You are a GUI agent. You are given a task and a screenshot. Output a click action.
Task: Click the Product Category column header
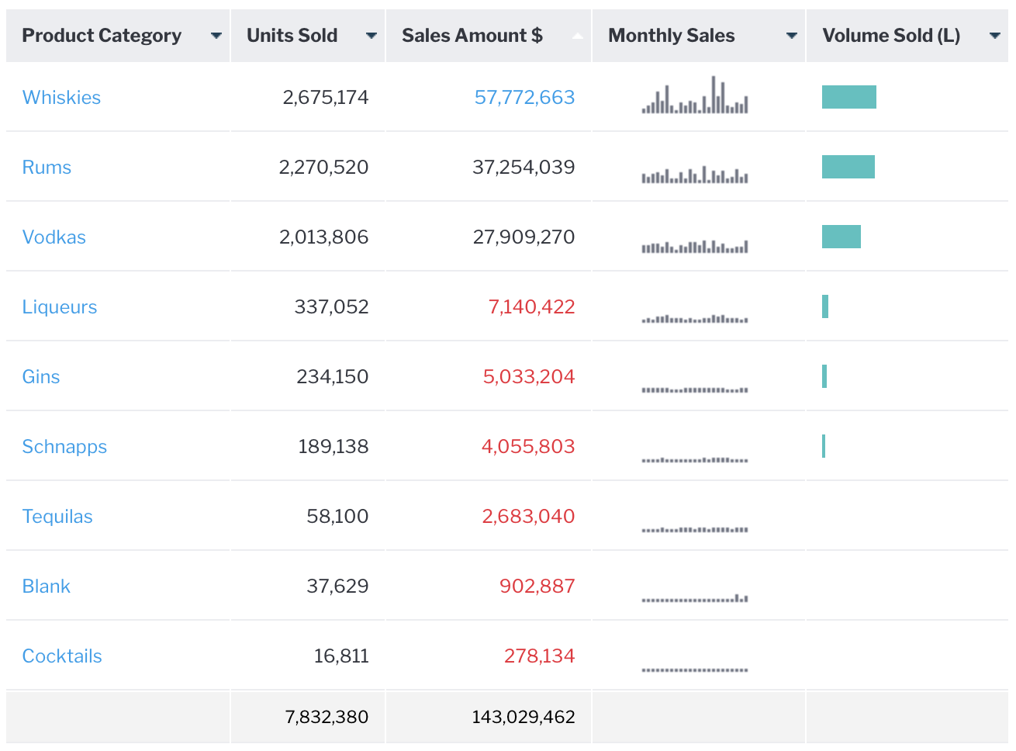(x=102, y=36)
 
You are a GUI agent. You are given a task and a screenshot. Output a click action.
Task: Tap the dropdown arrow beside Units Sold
(x=371, y=36)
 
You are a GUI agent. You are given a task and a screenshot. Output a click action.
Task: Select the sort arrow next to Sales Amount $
(x=577, y=36)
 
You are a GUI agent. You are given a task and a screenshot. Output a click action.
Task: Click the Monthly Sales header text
(x=671, y=36)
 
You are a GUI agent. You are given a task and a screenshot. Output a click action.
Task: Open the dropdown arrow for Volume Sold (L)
(x=995, y=36)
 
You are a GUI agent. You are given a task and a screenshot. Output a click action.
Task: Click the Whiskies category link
(x=61, y=98)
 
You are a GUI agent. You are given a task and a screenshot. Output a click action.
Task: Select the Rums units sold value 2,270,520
(x=323, y=168)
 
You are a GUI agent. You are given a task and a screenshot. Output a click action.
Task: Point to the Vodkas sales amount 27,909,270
(x=524, y=237)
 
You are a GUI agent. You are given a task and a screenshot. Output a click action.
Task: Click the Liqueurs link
(x=60, y=307)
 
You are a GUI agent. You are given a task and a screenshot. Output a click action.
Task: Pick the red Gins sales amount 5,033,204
(x=528, y=377)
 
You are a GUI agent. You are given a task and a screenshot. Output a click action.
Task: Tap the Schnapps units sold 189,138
(x=333, y=447)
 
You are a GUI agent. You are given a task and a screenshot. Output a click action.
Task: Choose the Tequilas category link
(x=57, y=517)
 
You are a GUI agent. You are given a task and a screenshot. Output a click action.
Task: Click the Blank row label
(x=47, y=587)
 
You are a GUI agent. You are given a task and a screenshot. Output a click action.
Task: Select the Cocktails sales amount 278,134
(x=539, y=656)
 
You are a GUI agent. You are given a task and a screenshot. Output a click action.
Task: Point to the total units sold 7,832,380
(x=327, y=717)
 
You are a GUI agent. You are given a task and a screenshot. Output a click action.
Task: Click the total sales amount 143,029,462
(x=524, y=717)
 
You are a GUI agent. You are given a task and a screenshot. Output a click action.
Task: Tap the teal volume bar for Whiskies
(x=849, y=97)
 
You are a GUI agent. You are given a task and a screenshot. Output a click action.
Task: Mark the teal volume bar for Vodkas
(x=841, y=237)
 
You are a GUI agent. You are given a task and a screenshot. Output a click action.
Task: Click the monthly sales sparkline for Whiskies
(x=695, y=97)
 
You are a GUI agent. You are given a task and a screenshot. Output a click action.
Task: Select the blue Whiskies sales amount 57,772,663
(x=524, y=98)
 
